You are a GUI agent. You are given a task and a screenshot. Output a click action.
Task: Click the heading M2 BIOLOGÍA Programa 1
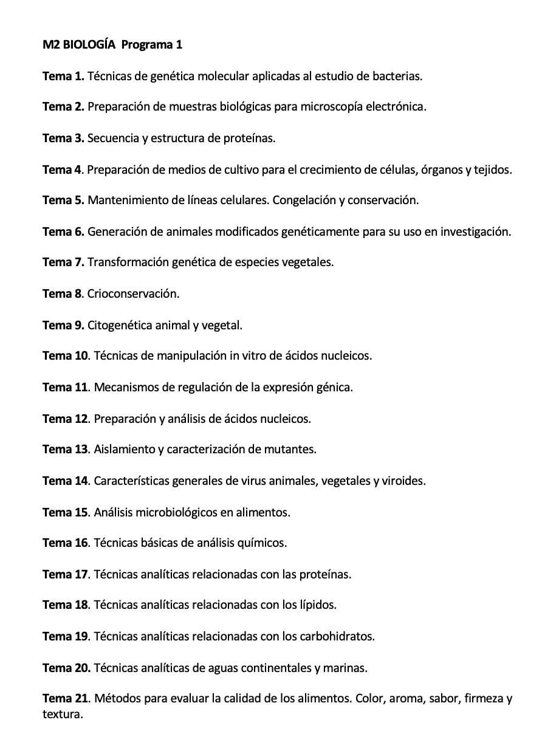[112, 45]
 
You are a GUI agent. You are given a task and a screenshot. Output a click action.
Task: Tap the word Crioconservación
[132, 294]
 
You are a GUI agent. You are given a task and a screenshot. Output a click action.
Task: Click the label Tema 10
[66, 356]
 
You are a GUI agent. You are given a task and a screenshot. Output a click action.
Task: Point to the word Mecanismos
[125, 388]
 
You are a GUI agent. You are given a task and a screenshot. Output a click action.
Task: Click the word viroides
[403, 481]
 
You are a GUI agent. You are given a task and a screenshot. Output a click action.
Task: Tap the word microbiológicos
[176, 512]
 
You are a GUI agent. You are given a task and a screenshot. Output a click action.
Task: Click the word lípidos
[316, 605]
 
